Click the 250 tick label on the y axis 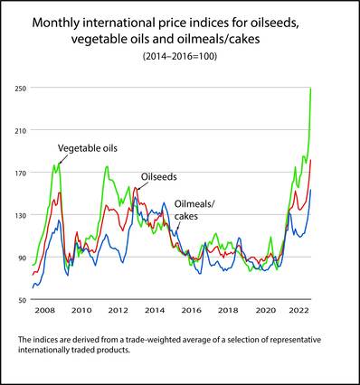coord(21,89)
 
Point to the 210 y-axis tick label coord(21,130)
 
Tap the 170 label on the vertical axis coord(21,173)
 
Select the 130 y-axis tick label coord(21,215)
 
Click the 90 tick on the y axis coord(23,258)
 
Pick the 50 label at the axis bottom coord(23,300)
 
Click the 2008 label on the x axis coord(45,310)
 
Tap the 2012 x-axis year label coord(118,310)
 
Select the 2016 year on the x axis coord(192,310)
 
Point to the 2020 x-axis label coord(266,310)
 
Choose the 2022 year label coord(298,310)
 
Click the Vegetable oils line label coord(88,148)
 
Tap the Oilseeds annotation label coord(159,176)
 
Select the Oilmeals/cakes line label coord(194,210)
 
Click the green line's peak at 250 coord(310,89)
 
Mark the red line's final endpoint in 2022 coord(310,160)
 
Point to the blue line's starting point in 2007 coord(33,288)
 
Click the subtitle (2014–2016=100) coord(180,56)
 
